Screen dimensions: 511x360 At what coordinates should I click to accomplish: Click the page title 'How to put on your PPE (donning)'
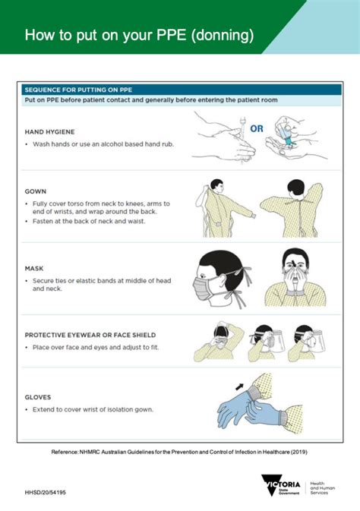coord(138,35)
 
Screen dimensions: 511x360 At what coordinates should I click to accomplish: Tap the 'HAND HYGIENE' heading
coord(50,131)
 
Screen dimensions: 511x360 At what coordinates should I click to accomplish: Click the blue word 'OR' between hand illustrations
coord(257,129)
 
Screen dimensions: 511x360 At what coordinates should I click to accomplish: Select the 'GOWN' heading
coord(36,192)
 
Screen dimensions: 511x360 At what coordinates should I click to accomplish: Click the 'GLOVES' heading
coord(38,397)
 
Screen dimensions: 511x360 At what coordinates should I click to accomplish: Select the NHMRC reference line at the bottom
coord(179,451)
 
